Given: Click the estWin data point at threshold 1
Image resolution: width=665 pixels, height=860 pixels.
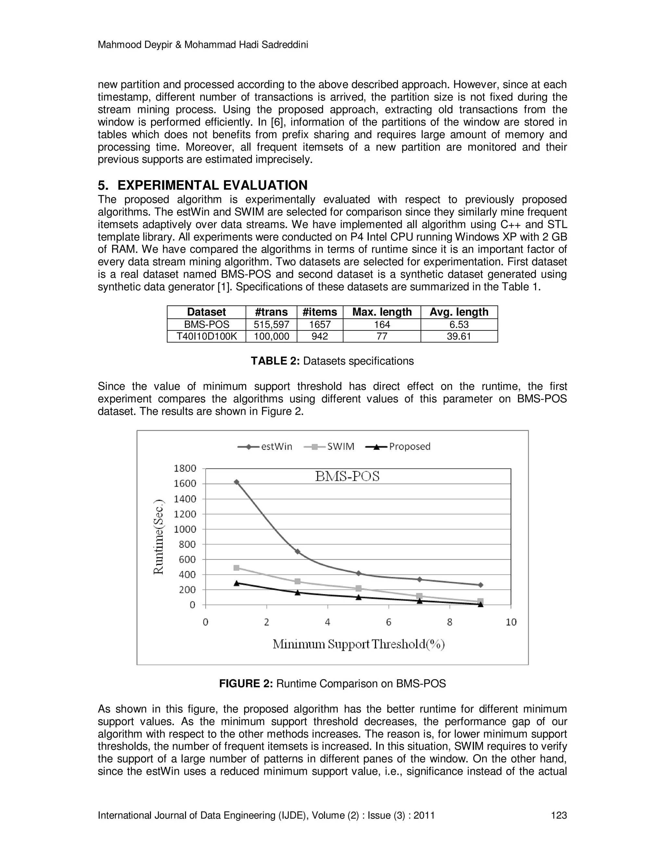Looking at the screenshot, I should point(236,482).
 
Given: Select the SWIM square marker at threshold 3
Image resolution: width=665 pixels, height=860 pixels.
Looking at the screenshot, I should point(297,581).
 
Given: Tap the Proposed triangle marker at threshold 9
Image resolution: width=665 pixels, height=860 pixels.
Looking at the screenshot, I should point(480,604).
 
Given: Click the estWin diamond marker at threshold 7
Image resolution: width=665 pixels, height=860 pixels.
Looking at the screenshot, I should point(420,579).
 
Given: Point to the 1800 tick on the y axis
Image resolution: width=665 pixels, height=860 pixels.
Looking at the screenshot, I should point(185,468).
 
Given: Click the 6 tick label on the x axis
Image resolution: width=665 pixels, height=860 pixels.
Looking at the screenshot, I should point(388,622).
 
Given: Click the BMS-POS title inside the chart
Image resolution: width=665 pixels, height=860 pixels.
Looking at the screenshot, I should point(347,476).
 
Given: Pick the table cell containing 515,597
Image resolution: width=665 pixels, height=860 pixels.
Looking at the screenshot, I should point(271,325).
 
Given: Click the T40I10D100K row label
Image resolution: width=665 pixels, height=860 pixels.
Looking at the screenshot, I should point(207,336).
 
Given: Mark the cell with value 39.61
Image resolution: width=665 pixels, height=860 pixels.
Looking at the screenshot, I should point(458,336).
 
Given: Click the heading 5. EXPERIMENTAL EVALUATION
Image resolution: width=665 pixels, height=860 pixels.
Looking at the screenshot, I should point(203,185).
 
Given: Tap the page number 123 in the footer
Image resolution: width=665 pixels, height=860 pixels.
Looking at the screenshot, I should point(558,815).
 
